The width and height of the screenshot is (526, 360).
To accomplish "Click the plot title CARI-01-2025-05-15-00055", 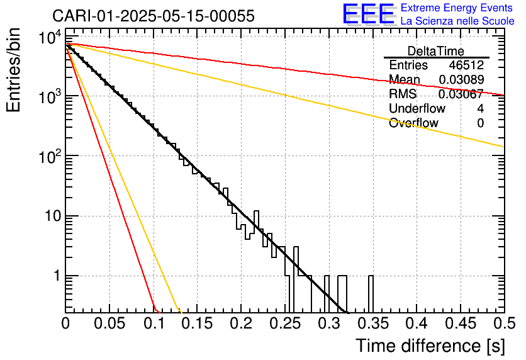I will pos(154,16).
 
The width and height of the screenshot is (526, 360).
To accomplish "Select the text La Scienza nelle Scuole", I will pos(457,21).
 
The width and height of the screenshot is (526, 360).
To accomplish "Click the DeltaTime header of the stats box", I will pos(436,51).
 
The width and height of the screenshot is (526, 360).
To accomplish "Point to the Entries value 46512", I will pos(466,65).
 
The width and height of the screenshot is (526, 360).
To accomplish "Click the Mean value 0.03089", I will pos(461,80).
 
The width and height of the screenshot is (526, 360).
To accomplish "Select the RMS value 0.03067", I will pos(461,94).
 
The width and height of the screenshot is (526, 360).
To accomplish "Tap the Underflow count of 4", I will pos(480,109).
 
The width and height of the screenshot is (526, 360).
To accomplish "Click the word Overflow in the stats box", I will pos(413,123).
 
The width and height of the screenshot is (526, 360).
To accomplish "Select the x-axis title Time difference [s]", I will pos(430,346).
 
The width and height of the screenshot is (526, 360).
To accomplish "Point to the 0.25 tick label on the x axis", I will pos(284,323).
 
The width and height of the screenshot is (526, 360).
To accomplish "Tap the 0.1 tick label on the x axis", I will pos(153,323).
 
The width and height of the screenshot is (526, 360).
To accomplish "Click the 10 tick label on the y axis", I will pos(50,217).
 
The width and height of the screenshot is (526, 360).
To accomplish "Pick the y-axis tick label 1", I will pos(55,276).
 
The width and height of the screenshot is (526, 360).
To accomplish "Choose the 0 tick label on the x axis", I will pos(65,323).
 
